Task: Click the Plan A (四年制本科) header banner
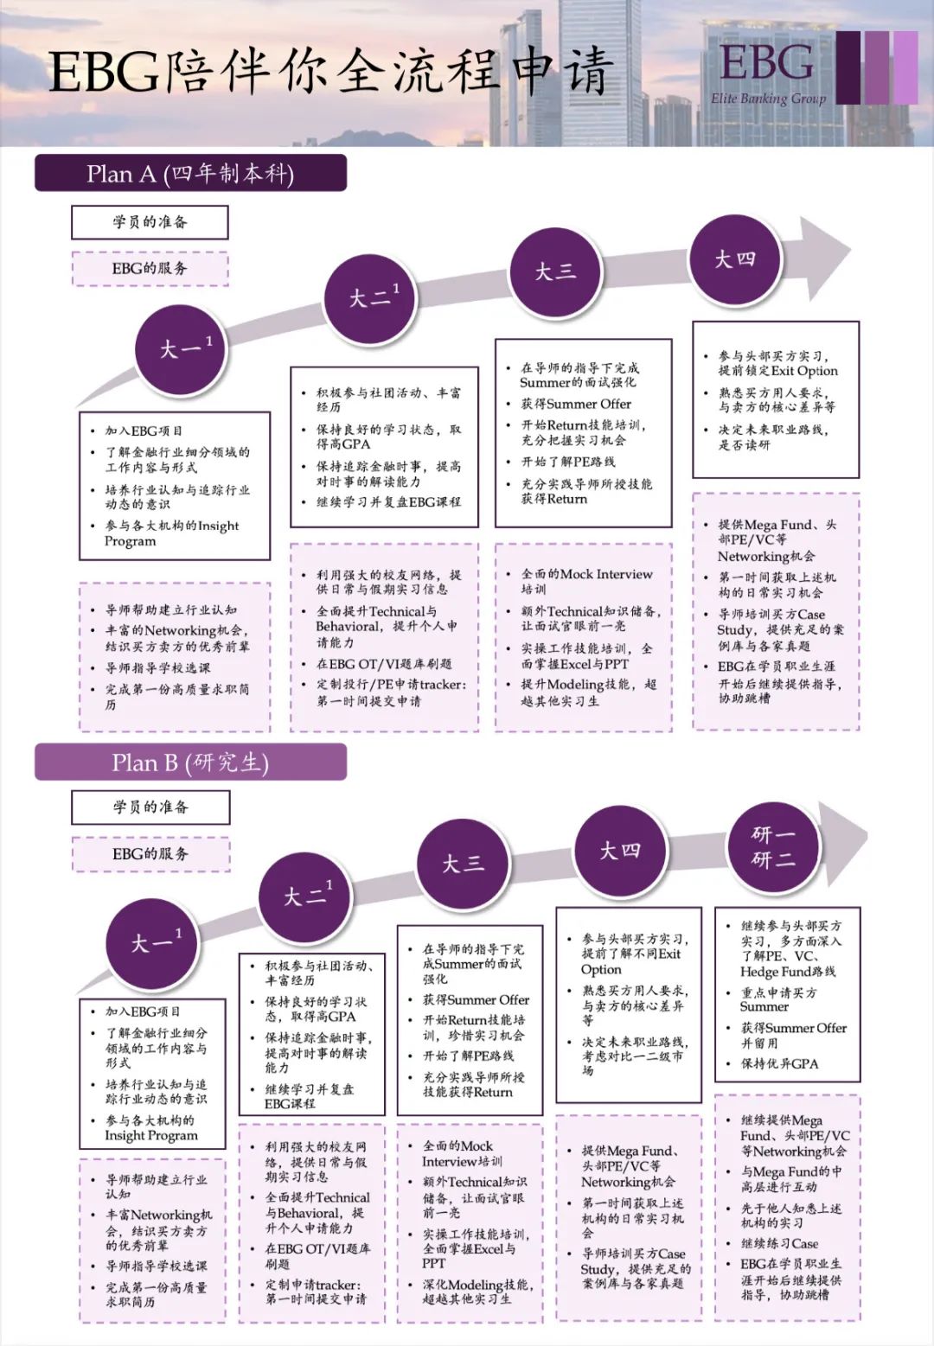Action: pos(190,173)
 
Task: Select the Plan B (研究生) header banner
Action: pos(190,762)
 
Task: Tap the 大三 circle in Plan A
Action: pos(554,271)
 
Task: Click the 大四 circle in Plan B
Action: pos(620,852)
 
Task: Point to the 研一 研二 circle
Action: pos(773,847)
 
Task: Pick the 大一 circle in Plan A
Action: pos(180,348)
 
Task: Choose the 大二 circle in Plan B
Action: pos(304,896)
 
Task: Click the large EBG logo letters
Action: pos(766,62)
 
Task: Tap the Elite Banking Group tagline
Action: pos(768,99)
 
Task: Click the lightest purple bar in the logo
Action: pos(905,67)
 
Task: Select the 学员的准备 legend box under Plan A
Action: pos(150,222)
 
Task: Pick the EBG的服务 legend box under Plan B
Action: pos(150,853)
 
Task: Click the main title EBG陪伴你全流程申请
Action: pos(330,71)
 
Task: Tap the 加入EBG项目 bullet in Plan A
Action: pos(144,431)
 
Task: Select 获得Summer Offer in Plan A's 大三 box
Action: pos(576,404)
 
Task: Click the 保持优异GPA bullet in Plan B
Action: pos(778,1063)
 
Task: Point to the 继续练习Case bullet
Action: pos(779,1243)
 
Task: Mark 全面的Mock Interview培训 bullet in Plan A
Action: pos(585,580)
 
